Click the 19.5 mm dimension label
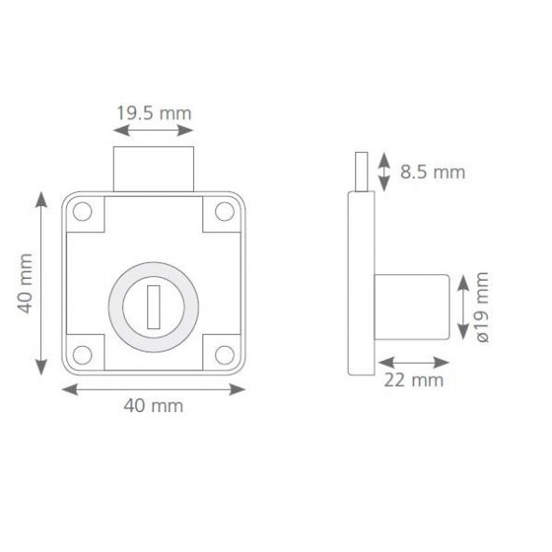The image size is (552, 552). click(154, 114)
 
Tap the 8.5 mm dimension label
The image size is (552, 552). click(433, 172)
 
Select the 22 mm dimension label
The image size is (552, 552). click(414, 380)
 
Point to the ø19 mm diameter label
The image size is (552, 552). click(483, 307)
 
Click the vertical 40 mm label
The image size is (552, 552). click(25, 283)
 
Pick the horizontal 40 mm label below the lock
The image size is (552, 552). click(154, 406)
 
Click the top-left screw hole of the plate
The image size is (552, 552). click(82, 212)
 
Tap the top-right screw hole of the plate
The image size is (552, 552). click(225, 212)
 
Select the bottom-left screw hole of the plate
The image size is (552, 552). click(82, 355)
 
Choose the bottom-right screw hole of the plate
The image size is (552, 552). click(225, 355)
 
